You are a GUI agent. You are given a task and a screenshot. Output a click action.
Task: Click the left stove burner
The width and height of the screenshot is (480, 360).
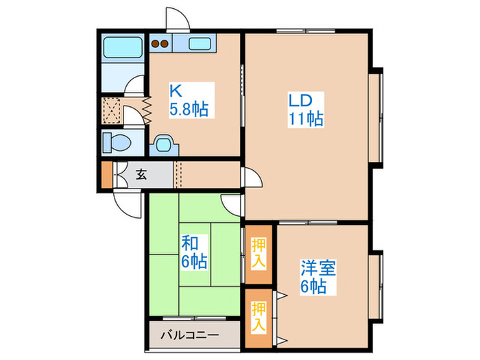pyautogui.click(x=156, y=45)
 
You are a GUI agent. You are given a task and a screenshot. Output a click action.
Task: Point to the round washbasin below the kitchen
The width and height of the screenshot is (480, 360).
pyautogui.click(x=164, y=144)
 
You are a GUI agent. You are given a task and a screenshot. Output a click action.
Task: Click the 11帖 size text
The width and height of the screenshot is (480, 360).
pyautogui.click(x=305, y=118)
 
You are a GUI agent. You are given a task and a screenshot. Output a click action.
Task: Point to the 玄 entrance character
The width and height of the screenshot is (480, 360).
pyautogui.click(x=141, y=175)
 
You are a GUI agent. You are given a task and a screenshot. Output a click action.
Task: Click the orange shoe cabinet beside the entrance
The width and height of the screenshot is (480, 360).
pyautogui.click(x=106, y=175)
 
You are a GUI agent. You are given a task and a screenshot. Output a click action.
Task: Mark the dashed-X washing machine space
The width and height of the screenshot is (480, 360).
pyautogui.click(x=111, y=110)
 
